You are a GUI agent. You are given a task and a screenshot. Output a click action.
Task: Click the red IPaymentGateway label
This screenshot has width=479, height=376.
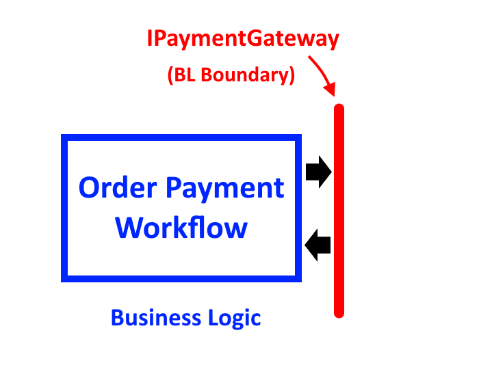coord(243,38)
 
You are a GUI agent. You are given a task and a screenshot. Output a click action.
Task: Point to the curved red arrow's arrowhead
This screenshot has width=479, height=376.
coord(331,90)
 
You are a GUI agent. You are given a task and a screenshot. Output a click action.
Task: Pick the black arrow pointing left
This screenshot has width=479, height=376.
coord(318,245)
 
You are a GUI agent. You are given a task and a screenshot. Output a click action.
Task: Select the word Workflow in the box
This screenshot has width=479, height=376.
coord(181,227)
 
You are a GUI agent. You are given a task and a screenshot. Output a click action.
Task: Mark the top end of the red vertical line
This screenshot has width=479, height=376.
coord(339,107)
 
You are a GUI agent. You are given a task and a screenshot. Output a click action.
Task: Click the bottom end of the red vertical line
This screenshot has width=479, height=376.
coord(339,314)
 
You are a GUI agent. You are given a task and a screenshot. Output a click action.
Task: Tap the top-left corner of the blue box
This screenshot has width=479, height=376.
coord(64,137)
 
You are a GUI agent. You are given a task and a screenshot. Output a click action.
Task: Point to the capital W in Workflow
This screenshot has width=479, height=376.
coord(131,227)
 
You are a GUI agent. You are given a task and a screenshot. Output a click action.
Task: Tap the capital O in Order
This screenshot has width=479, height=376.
coord(90,187)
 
